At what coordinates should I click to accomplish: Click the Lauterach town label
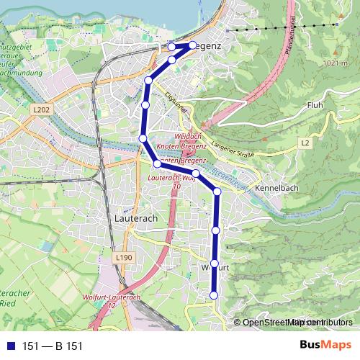[x=135, y=217]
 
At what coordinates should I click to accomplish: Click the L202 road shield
[x=42, y=109]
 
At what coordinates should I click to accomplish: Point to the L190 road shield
[x=123, y=256]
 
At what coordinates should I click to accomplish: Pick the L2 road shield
[x=305, y=143]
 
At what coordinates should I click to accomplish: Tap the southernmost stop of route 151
[x=214, y=294]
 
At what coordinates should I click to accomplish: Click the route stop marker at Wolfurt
[x=215, y=264]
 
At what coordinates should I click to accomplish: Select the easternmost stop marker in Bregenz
[x=193, y=45]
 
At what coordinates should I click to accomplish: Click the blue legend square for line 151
[x=8, y=346]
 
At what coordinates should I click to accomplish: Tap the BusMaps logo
[x=326, y=346]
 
